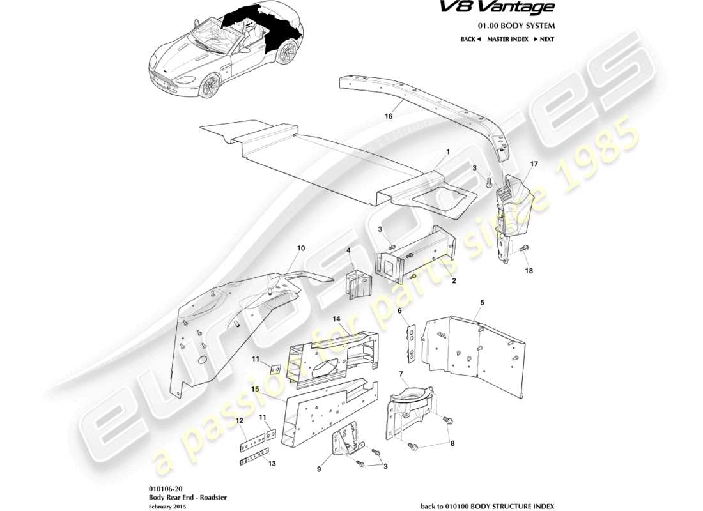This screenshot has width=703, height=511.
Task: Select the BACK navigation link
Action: coord(470,40)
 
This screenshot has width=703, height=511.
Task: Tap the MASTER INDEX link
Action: coord(507,40)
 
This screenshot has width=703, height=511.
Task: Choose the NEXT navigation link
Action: coord(543,40)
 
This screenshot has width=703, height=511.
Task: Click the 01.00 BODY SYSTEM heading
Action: coord(516,26)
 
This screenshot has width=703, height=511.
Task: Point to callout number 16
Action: coord(388,117)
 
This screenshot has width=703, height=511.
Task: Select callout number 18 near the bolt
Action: coord(529,271)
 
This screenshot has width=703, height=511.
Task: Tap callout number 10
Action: coord(301,248)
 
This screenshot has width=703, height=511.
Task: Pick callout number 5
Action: coord(482,302)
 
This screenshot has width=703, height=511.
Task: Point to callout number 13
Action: coord(272,464)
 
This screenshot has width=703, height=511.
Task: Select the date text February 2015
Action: coord(167,505)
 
